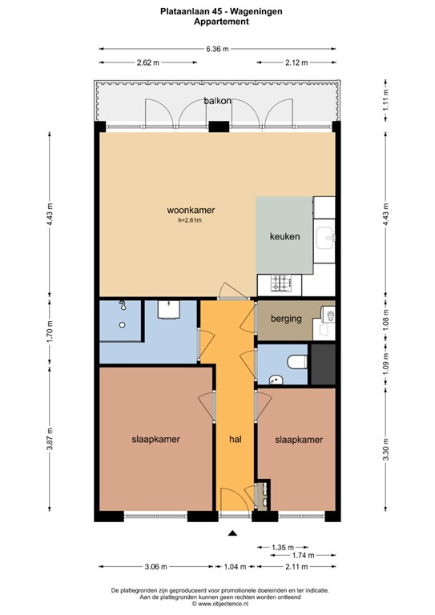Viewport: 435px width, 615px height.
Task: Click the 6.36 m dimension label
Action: point(217,49)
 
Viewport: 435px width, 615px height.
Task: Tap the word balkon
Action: point(217,101)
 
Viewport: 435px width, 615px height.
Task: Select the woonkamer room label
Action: point(191,211)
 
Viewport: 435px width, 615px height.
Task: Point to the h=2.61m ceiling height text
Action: point(190,220)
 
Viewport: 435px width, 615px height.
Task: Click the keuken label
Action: point(284,236)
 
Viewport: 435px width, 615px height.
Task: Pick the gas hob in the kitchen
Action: point(281,283)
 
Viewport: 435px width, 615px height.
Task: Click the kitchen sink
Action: point(325,238)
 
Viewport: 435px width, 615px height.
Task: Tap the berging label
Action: point(286,319)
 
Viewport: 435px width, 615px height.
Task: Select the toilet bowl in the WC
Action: point(297,362)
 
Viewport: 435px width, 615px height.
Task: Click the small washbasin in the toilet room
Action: point(276,380)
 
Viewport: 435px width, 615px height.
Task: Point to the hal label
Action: point(236,440)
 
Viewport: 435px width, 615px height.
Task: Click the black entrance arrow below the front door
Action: point(233,533)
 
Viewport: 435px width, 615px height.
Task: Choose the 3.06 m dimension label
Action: point(155,566)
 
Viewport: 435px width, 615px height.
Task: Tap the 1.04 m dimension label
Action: point(235,566)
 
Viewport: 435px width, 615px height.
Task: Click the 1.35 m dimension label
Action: point(283,547)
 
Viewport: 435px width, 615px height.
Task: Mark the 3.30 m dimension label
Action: point(385,448)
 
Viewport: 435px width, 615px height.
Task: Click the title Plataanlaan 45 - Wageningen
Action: point(221,11)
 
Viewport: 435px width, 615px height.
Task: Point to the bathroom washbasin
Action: point(169,310)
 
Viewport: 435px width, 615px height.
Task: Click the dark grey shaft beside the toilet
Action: point(323,364)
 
